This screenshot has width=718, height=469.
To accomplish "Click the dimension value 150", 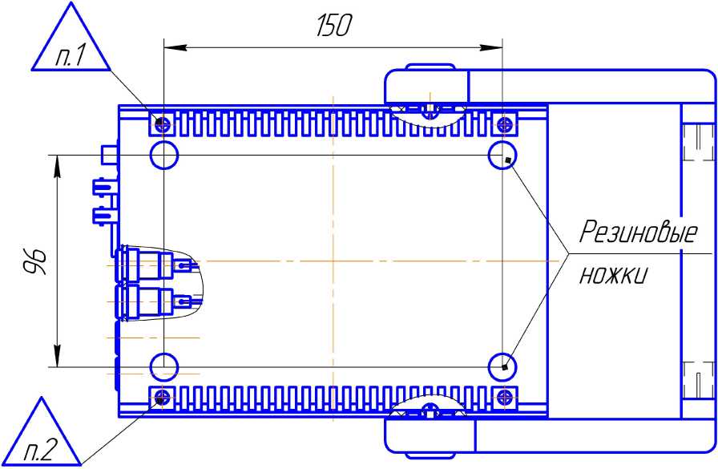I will click(333, 26).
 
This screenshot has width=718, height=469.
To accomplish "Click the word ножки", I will click(613, 275).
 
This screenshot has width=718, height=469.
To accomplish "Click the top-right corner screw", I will click(504, 123).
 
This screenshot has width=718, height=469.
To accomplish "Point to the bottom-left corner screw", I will click(163, 397).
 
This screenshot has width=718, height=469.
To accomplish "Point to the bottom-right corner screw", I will click(504, 397).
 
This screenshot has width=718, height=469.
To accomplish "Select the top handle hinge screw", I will click(430, 107).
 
